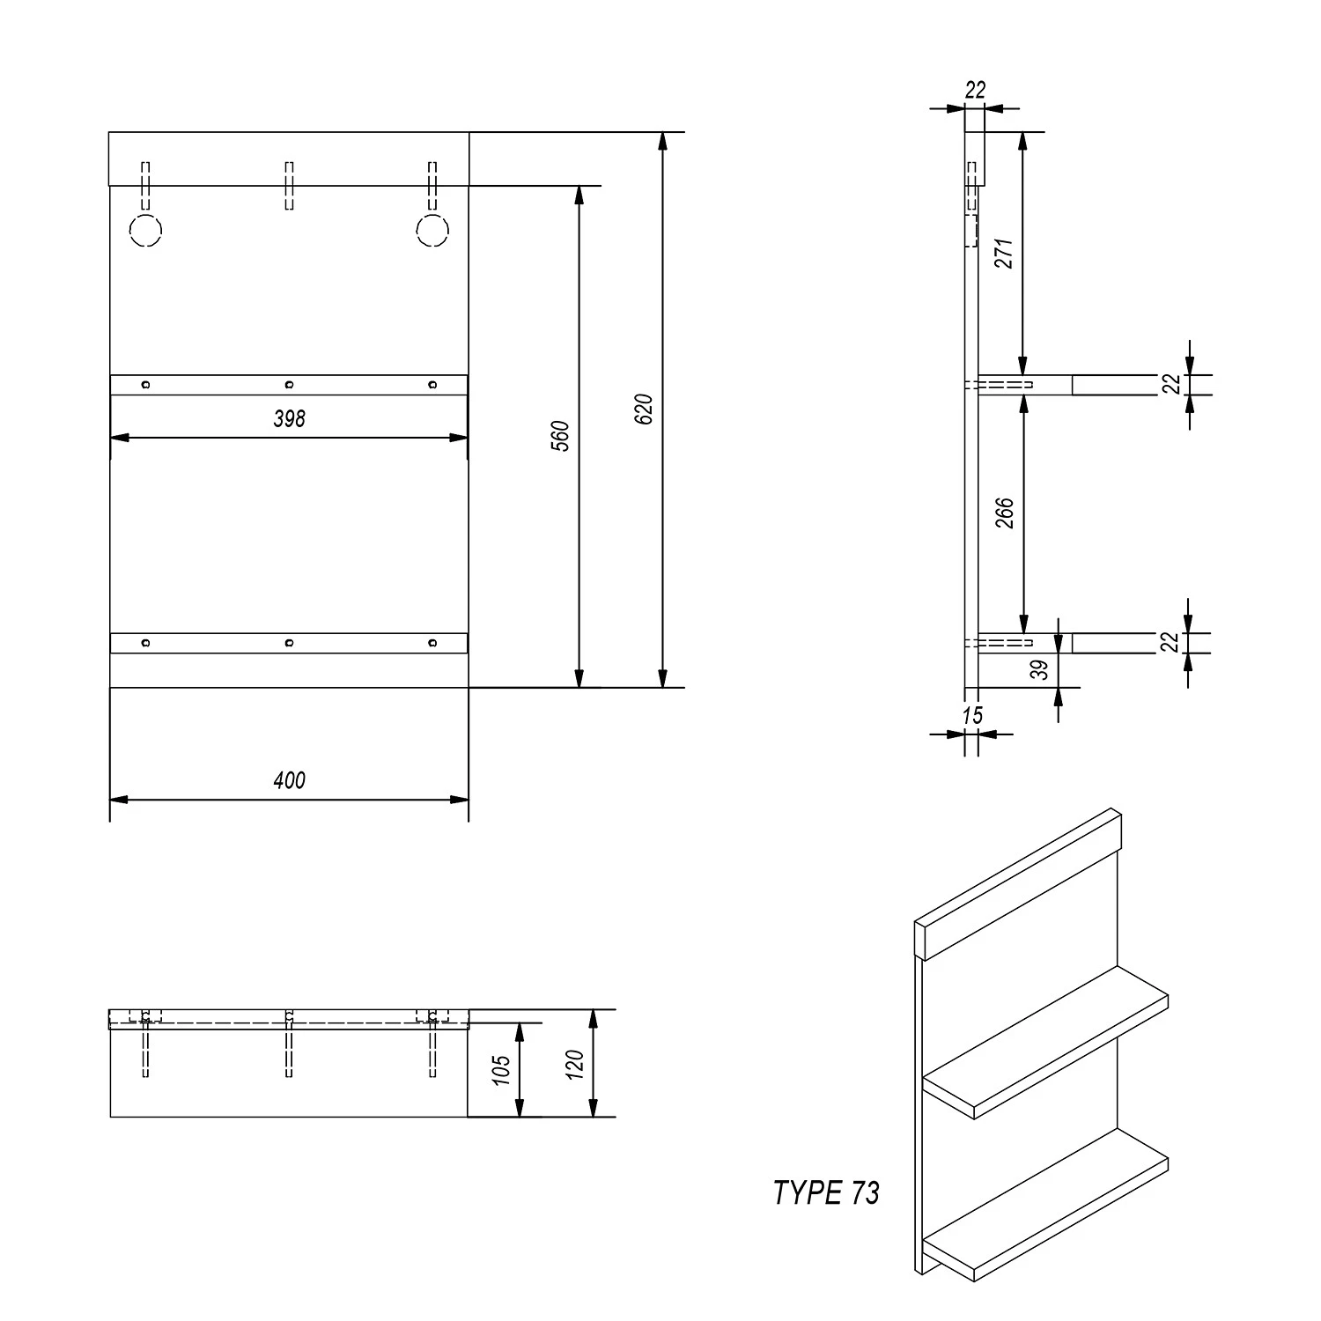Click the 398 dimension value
[289, 419]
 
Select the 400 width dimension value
[289, 780]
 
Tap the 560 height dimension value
[561, 437]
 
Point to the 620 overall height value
[644, 410]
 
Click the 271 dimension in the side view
[1004, 253]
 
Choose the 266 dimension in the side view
[1004, 513]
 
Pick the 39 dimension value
[1041, 670]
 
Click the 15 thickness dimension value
[972, 715]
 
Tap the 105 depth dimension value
[501, 1070]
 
